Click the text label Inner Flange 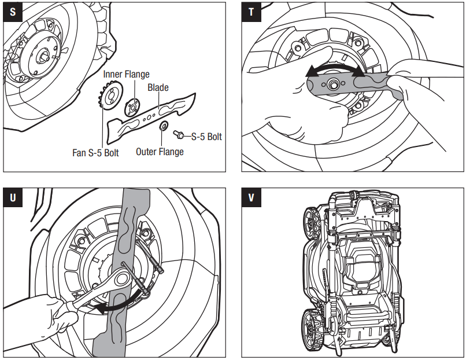(126, 74)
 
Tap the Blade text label (158, 87)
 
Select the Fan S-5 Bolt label (95, 153)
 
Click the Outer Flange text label (160, 152)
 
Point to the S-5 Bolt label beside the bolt (206, 137)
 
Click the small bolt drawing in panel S (179, 135)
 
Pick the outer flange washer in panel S (164, 127)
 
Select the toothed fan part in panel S (109, 100)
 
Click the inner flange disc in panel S (132, 106)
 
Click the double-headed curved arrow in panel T (335, 69)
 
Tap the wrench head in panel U (123, 279)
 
